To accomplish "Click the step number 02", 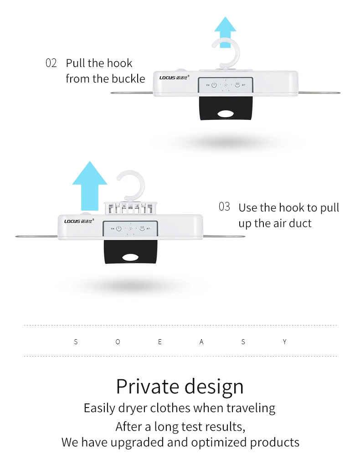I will point(51,63).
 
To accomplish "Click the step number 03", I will point(224,207).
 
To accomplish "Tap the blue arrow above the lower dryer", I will point(89,185).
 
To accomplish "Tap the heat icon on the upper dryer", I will point(237,85).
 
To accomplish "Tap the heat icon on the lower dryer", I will point(143,228).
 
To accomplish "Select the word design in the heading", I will point(213,387).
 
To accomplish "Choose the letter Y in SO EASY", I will point(285,341).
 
